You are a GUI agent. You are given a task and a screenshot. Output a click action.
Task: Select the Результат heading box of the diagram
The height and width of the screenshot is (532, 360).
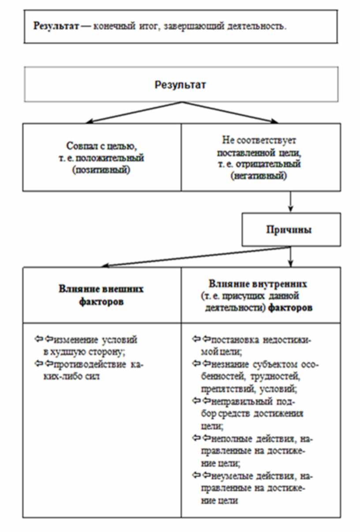click(180, 85)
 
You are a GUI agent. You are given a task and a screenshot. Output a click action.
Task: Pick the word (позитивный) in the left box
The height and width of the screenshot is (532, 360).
click(102, 170)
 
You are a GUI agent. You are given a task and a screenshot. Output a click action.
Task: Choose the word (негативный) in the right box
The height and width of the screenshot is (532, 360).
click(261, 176)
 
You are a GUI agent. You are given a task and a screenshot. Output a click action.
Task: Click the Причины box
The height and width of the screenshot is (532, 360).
click(290, 230)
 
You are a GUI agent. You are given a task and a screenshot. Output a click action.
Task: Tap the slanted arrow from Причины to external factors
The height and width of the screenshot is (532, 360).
click(194, 257)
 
